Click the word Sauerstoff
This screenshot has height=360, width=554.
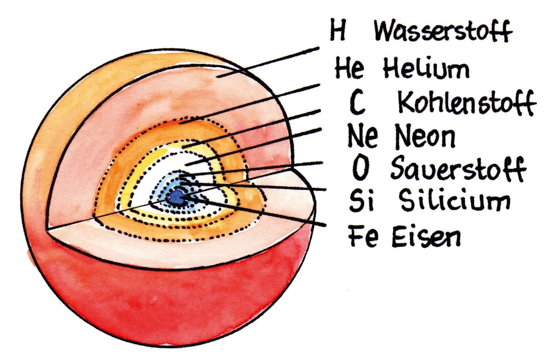pyautogui.click(x=458, y=169)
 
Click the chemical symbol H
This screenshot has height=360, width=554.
pyautogui.click(x=338, y=31)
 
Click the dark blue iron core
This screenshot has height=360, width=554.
pyautogui.click(x=176, y=197)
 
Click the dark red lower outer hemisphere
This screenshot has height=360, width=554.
pyautogui.click(x=161, y=297)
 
